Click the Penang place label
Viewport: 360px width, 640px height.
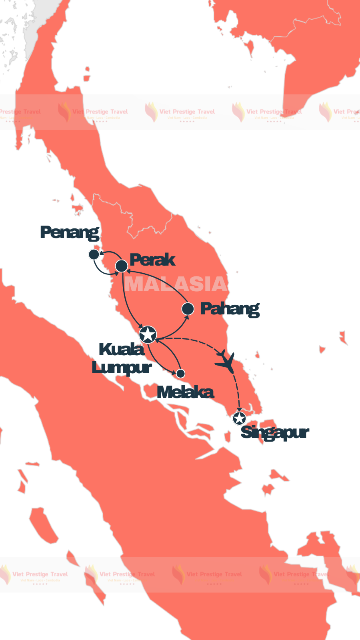70,232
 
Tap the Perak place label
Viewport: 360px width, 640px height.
152,260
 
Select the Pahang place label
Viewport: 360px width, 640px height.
230,309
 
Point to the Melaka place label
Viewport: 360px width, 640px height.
185,392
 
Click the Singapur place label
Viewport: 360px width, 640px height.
275,433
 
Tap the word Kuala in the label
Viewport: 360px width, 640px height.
122,350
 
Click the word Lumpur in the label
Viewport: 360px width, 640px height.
122,368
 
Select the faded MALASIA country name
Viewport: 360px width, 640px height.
176,284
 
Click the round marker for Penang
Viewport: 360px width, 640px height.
94,254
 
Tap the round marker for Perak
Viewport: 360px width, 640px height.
122,266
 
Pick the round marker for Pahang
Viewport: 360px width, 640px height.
188,309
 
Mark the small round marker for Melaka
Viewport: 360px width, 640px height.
181,374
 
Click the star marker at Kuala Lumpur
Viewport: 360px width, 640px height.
148,334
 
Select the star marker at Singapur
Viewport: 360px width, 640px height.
239,418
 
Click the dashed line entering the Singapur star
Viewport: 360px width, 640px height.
238,396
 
